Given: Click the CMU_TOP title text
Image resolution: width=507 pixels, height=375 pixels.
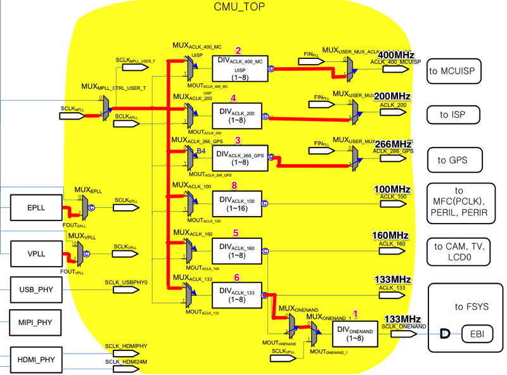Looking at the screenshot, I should click(x=239, y=7).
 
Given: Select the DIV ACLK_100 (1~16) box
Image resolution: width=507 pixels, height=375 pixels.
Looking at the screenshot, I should click(x=236, y=204).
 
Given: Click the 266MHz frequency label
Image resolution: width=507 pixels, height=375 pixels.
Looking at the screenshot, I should click(x=394, y=143).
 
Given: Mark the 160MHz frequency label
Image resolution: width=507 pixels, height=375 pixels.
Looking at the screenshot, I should click(x=390, y=236).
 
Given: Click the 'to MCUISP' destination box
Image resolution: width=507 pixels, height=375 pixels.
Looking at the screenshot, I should click(x=454, y=71).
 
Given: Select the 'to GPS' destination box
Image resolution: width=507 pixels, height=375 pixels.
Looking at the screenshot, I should click(x=452, y=160).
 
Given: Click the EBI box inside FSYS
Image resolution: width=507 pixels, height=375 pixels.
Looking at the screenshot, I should click(x=474, y=333).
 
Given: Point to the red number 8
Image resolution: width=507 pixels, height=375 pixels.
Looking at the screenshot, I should click(x=234, y=186).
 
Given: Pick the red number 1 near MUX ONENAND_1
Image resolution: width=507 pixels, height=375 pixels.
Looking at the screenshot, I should click(x=355, y=314).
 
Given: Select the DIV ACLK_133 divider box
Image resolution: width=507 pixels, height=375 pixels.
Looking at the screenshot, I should click(x=236, y=295).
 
